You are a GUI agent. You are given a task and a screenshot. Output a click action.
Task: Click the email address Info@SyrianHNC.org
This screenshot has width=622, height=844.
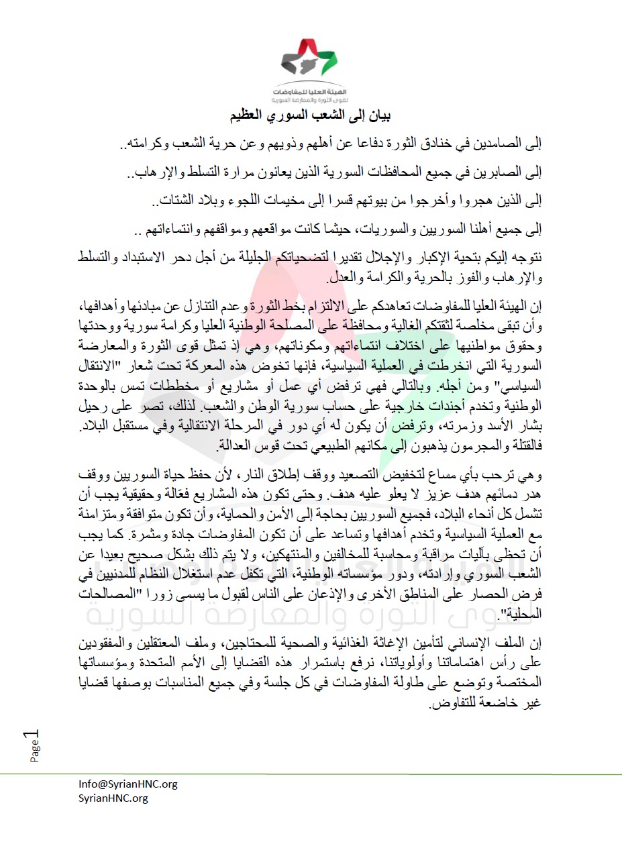click(127, 784)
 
